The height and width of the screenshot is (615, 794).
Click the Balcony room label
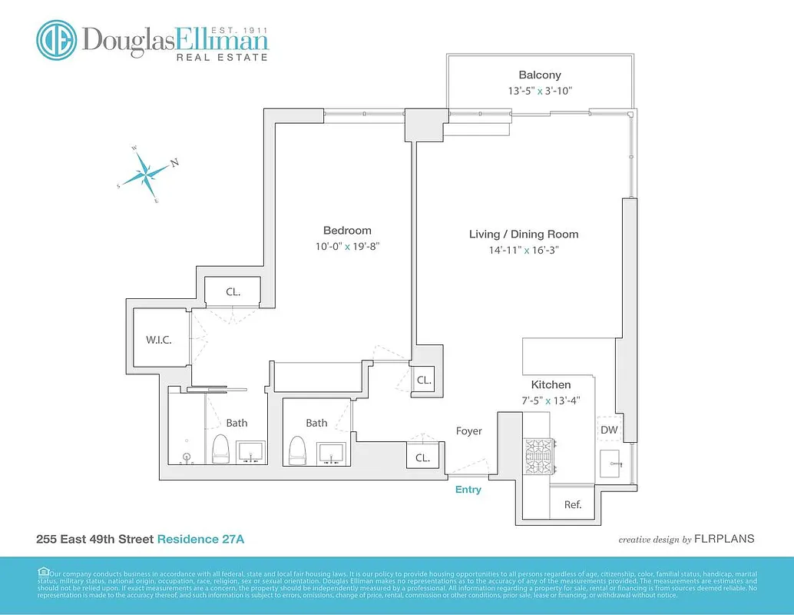[x=539, y=75]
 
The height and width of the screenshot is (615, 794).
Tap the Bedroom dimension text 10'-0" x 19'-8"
[x=346, y=247]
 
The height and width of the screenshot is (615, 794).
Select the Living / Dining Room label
[x=524, y=234]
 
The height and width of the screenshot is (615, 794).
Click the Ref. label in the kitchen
[x=572, y=505]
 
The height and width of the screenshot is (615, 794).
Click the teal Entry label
[x=468, y=490]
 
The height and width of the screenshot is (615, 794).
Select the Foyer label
[x=468, y=431]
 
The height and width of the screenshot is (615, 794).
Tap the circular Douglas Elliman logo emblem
[x=56, y=40]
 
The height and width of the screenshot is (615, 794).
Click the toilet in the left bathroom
[x=221, y=449]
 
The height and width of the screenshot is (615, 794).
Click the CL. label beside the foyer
[x=423, y=457]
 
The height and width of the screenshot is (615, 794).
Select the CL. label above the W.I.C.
[x=233, y=292]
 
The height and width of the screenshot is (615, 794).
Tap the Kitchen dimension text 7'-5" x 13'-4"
[x=551, y=400]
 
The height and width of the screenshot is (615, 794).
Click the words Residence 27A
[x=201, y=540]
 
